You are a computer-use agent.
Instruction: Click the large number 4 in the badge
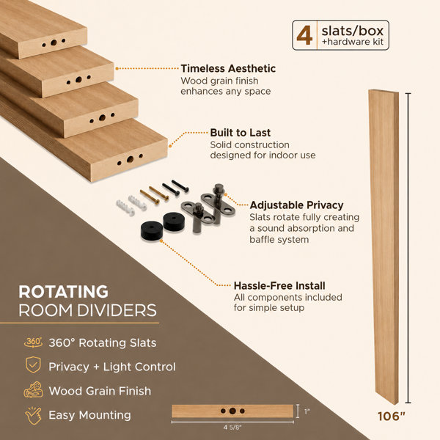[x=304, y=35]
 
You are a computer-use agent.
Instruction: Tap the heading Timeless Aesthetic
[x=228, y=68]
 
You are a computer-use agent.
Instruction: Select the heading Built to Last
[x=241, y=133]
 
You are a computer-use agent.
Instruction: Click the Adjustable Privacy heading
[x=296, y=205]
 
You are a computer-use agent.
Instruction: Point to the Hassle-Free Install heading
[x=279, y=286]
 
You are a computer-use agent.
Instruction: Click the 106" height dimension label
[x=392, y=417]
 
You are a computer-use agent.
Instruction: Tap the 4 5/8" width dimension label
[x=232, y=428]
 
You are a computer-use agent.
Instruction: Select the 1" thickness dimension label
[x=307, y=411]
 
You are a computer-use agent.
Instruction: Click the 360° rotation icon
[x=33, y=342]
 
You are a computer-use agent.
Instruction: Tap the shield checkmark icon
[x=33, y=364]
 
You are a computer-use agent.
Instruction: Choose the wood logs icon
[x=34, y=389]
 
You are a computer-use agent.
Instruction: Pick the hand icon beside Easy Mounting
[x=34, y=415]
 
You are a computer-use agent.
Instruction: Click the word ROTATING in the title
[x=63, y=292]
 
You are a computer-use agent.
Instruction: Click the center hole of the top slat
[x=54, y=43]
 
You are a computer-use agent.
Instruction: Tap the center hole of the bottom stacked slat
[x=130, y=159]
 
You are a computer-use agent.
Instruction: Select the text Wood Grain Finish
[x=100, y=391]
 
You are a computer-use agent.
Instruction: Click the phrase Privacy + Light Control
[x=112, y=367]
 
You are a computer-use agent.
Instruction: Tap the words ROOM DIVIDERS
[x=87, y=310]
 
